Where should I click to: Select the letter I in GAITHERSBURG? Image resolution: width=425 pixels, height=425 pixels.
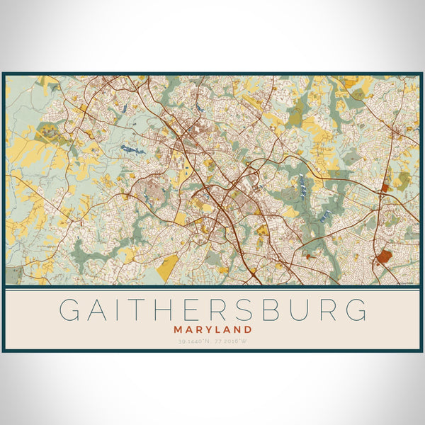(x=120, y=310)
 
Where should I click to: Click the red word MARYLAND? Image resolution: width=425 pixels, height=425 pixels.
(x=212, y=329)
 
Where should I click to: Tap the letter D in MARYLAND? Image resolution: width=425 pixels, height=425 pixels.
(x=248, y=329)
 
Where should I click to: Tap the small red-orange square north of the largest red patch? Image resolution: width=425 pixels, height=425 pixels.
(x=385, y=188)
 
